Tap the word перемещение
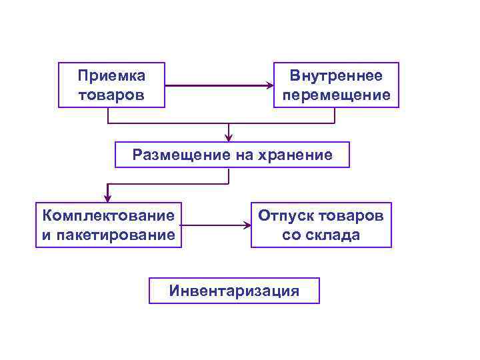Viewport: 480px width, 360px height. click(337, 95)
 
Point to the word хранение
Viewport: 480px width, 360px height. click(297, 155)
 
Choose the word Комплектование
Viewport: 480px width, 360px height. click(109, 216)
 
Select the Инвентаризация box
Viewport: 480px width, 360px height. click(234, 291)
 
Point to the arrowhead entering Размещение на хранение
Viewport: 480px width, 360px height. click(229, 137)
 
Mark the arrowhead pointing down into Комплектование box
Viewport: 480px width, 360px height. click(107, 197)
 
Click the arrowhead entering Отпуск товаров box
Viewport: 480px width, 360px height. click(247, 225)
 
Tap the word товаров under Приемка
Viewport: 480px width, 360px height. click(111, 95)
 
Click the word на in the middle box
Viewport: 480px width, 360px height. click(242, 155)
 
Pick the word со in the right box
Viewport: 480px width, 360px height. click(291, 235)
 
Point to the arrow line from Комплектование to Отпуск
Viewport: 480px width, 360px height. click(213, 225)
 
